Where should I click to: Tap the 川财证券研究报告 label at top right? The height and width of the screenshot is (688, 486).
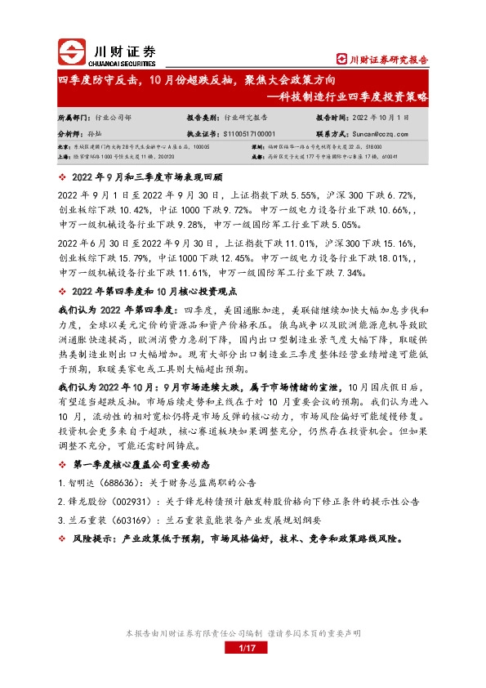coord(382,59)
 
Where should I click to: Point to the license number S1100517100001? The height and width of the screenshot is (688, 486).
coord(242,132)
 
